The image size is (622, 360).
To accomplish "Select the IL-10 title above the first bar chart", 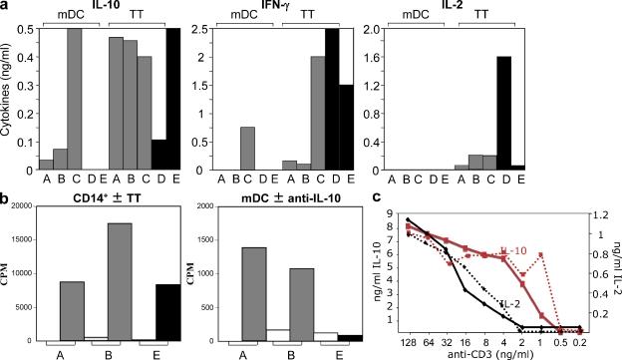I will click(x=107, y=8).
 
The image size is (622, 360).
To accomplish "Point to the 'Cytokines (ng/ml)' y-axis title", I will click(x=9, y=98).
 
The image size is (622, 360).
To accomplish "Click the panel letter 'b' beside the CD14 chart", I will click(x=6, y=194).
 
